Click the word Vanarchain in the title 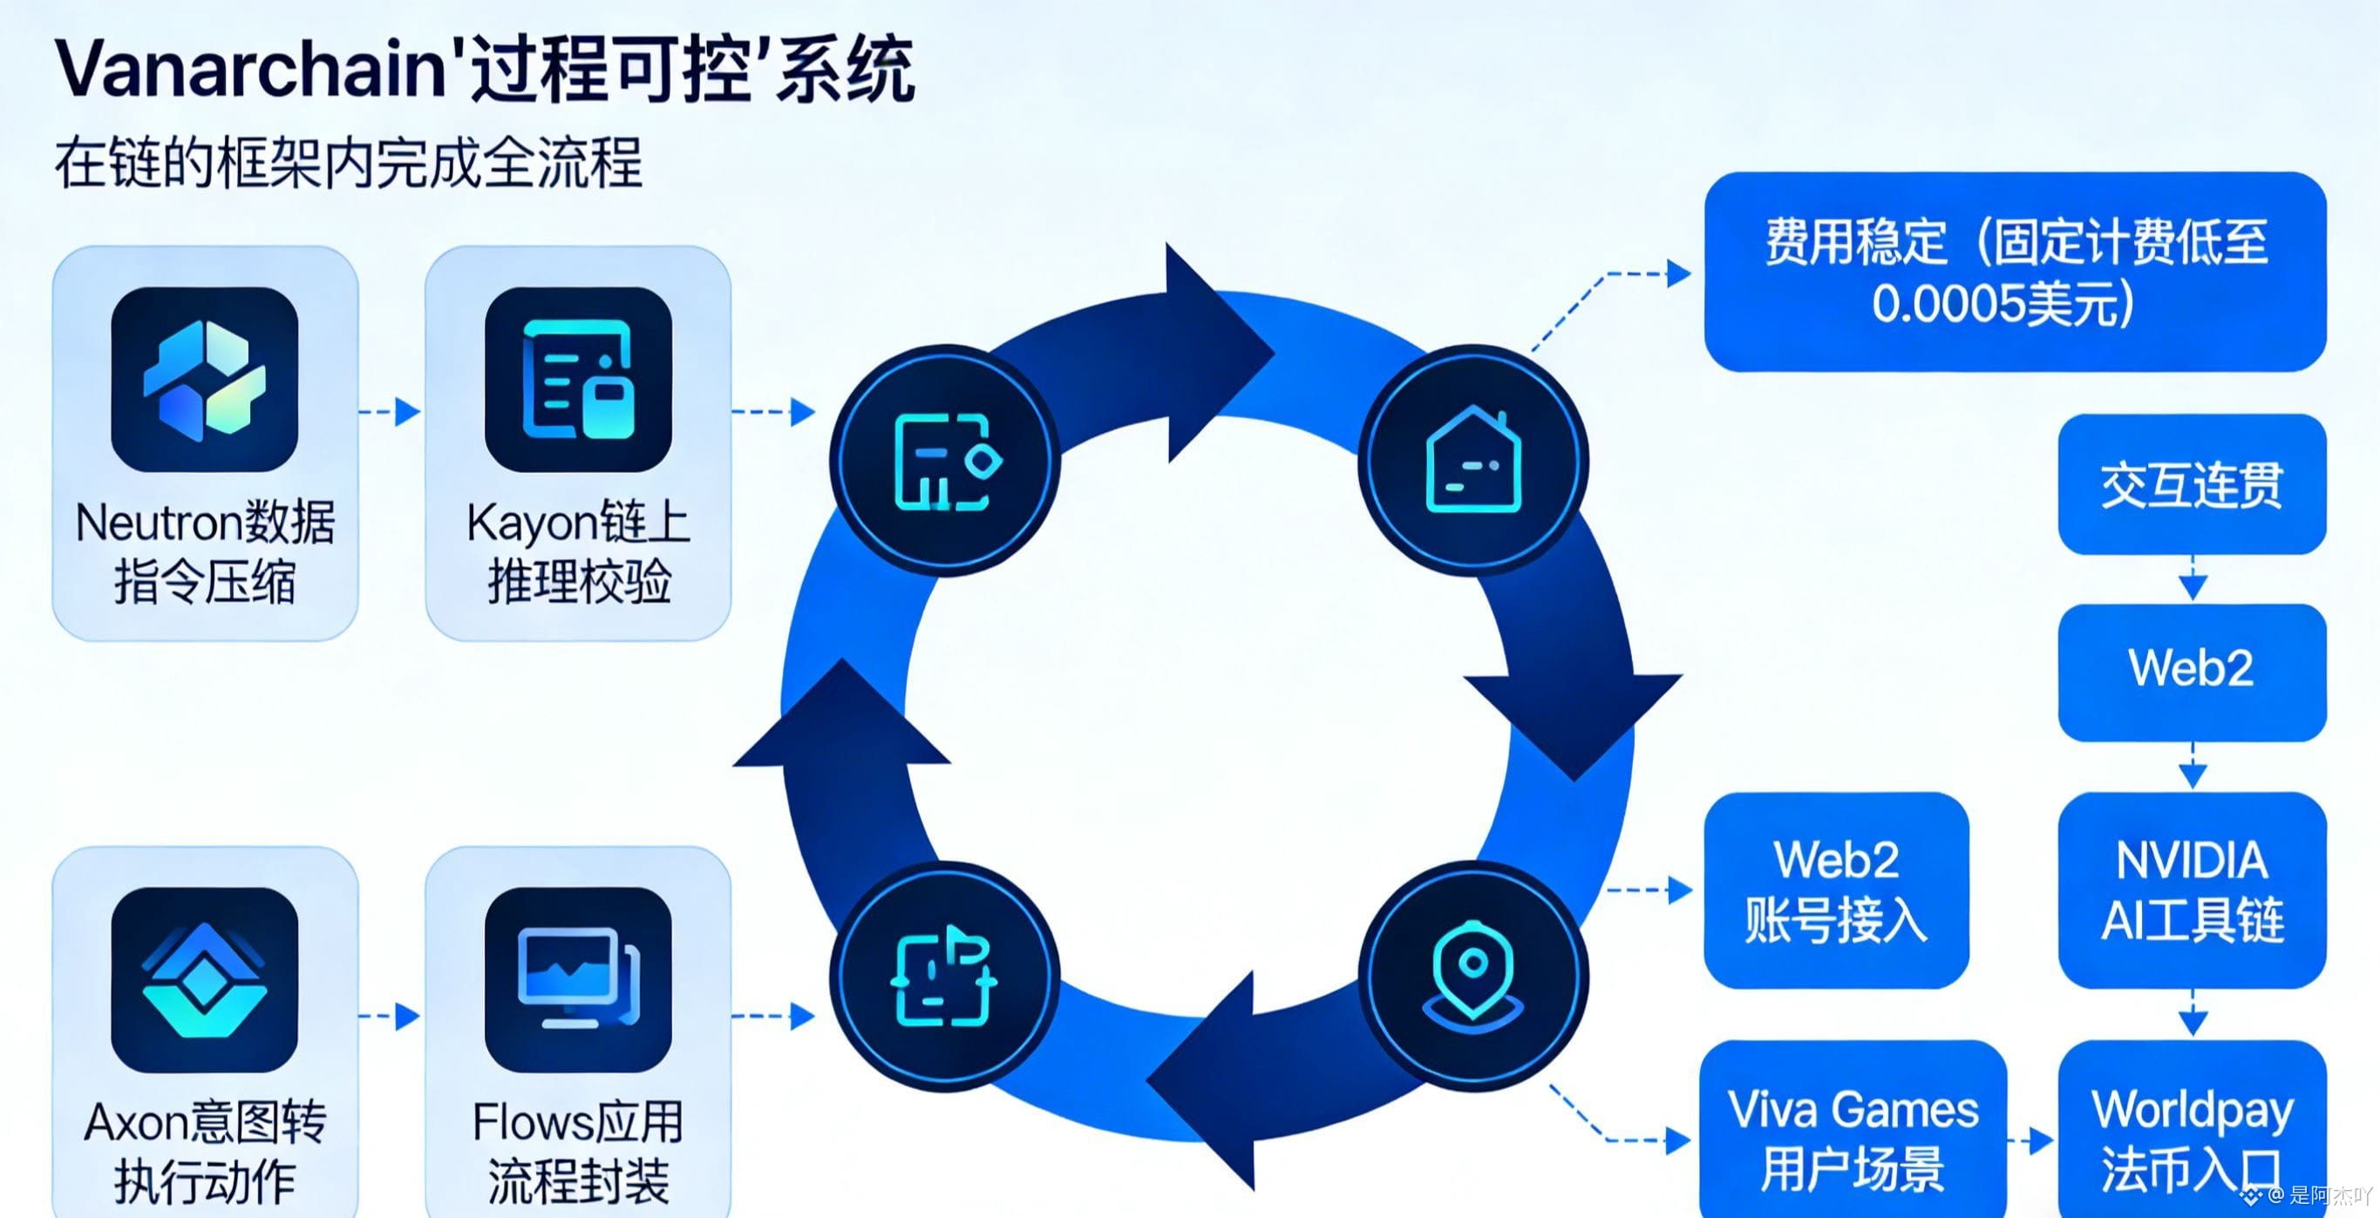(x=249, y=69)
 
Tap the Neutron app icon (x=204, y=380)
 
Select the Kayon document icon (x=577, y=380)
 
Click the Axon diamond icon (x=204, y=980)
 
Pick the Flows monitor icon (x=577, y=980)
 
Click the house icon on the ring (x=1472, y=460)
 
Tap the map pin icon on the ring (x=1472, y=977)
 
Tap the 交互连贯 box (x=2192, y=484)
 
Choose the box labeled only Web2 (x=2192, y=668)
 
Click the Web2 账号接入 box (x=1836, y=890)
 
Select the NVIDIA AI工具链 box (x=2192, y=890)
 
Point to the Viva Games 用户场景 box (x=1853, y=1136)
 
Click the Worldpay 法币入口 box (x=2192, y=1136)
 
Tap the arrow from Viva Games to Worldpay (x=2031, y=1141)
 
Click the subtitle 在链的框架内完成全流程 (x=349, y=165)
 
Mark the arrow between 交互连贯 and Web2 (x=2193, y=580)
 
